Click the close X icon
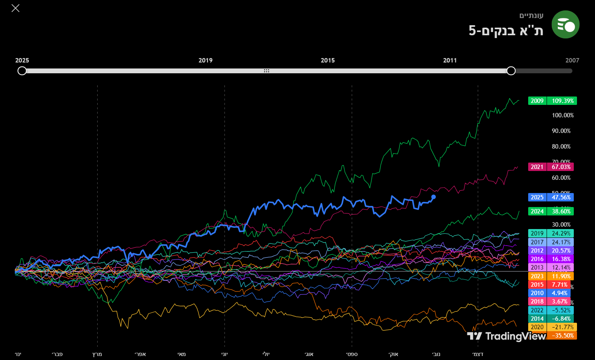coord(15,8)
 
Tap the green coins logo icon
coord(565,24)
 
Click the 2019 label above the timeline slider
coord(205,60)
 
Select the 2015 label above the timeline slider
coord(328,60)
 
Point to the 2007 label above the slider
coord(572,60)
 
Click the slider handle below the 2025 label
coord(22,71)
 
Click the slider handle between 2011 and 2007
coord(511,71)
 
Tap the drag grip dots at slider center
coord(266,71)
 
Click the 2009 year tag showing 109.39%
coord(537,101)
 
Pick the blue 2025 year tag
coord(537,197)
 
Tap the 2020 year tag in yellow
coord(537,327)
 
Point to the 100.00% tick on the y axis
coord(563,115)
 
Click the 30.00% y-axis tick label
coord(561,225)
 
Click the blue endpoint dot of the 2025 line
coord(433,197)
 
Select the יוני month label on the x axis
coord(224,354)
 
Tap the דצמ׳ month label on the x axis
coord(478,354)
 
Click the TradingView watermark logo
coord(506,336)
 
